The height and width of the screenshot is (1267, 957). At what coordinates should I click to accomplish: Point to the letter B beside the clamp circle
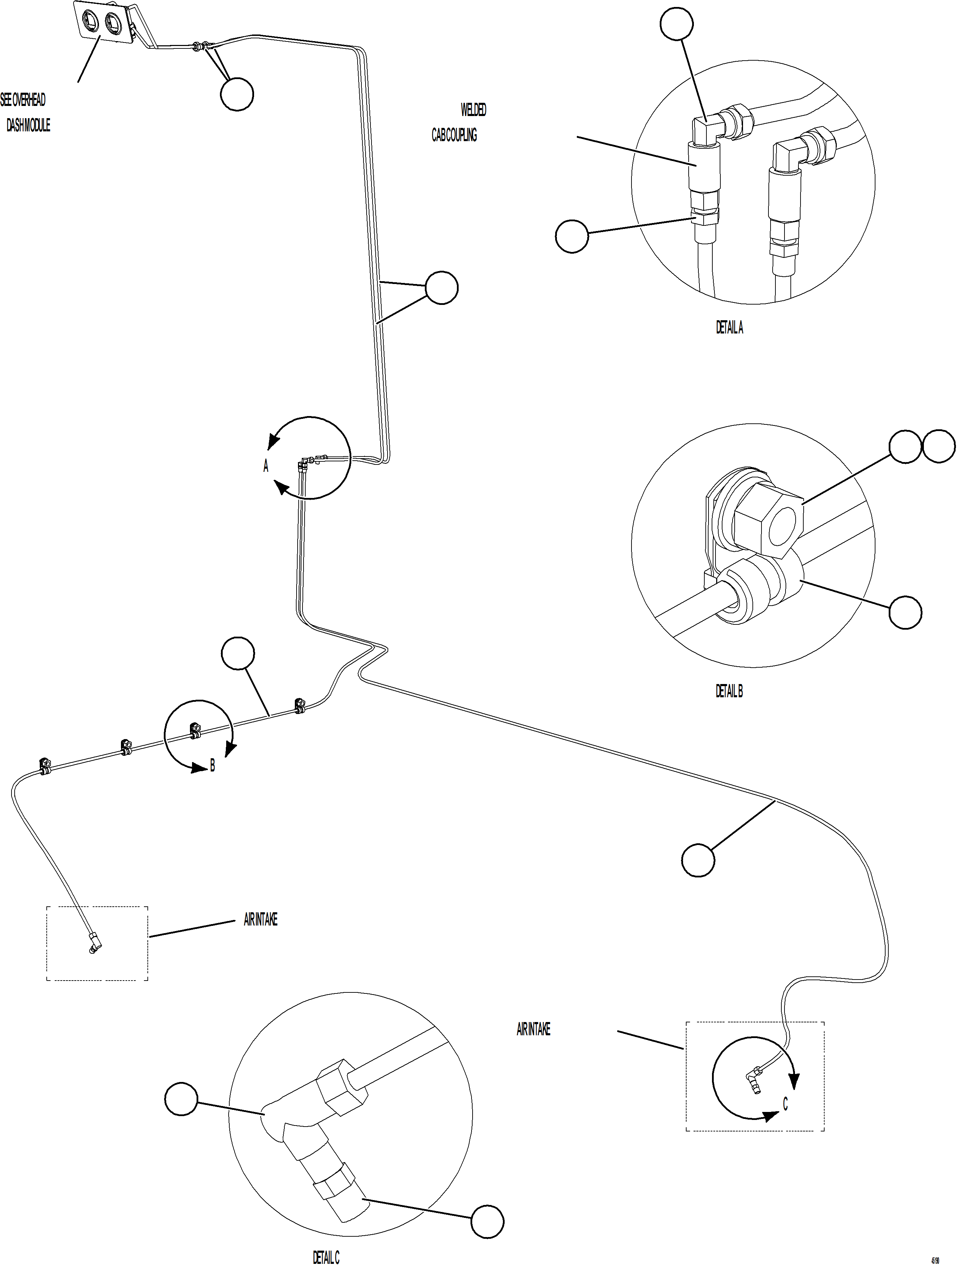pos(213,765)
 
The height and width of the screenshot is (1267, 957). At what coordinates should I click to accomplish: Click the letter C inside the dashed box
pos(785,1104)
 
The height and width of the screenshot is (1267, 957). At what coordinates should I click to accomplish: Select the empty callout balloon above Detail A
pos(676,23)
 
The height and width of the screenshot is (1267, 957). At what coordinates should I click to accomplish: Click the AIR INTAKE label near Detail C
pos(533,1029)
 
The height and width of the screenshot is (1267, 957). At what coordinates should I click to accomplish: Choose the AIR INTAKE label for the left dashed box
pos(261,919)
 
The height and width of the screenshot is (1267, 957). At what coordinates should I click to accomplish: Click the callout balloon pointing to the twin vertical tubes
pos(442,288)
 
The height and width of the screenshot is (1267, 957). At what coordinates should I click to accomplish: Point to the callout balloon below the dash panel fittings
pos(237,94)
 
